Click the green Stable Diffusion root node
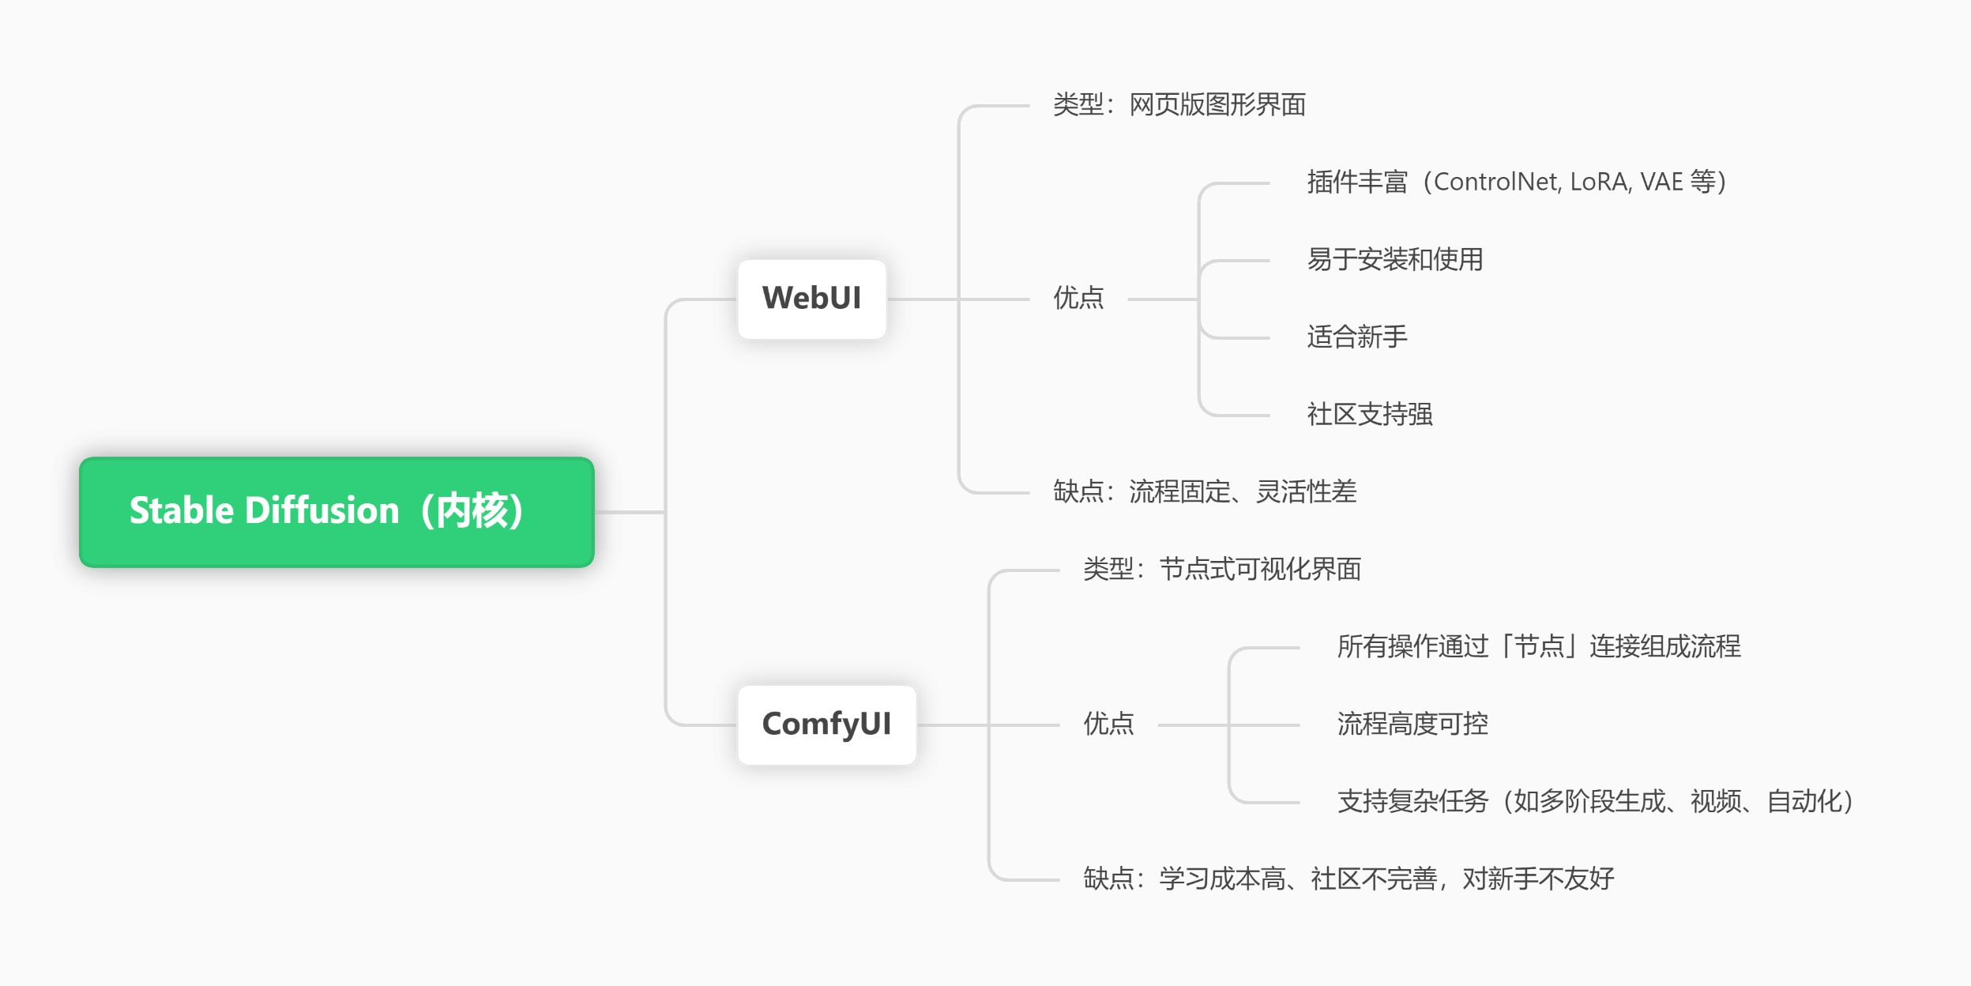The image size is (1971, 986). point(337,512)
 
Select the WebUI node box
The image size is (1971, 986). point(811,299)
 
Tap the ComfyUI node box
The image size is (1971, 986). point(826,724)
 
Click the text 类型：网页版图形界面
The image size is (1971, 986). point(1179,105)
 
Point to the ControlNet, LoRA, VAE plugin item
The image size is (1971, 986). point(1516,183)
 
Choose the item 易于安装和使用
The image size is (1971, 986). point(1394,260)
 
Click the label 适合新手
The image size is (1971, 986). point(1356,337)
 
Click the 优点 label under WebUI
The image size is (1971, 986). point(1078,299)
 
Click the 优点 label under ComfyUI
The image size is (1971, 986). point(1108,724)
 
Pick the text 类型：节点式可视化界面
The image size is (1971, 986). point(1221,570)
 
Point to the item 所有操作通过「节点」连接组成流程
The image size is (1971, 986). point(1538,647)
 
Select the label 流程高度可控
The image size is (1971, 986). point(1412,724)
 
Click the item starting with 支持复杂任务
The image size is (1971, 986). point(1595,802)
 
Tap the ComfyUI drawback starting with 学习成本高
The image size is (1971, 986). point(1348,879)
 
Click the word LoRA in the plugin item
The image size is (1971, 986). point(1600,183)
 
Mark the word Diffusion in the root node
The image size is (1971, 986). point(322,511)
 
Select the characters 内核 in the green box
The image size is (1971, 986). point(472,511)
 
